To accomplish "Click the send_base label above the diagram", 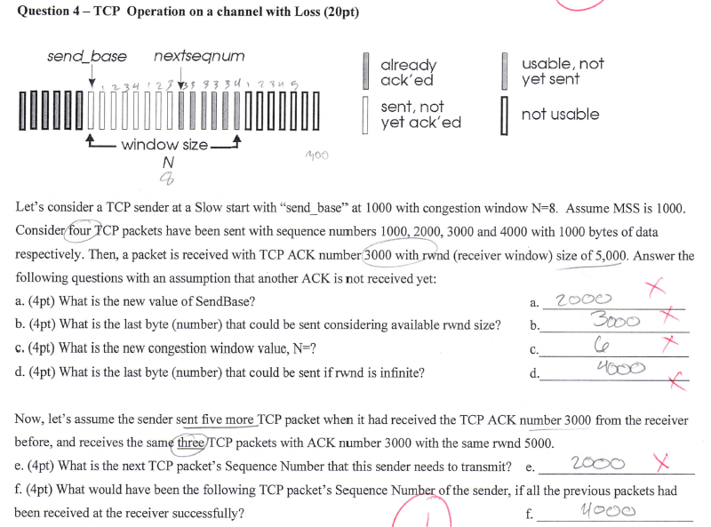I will point(86,57).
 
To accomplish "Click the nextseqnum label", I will point(199,57).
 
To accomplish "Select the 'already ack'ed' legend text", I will point(409,72).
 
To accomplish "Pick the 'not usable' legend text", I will point(560,114).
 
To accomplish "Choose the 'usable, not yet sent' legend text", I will point(563,71).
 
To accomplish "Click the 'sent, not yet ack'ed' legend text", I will point(420,115).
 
